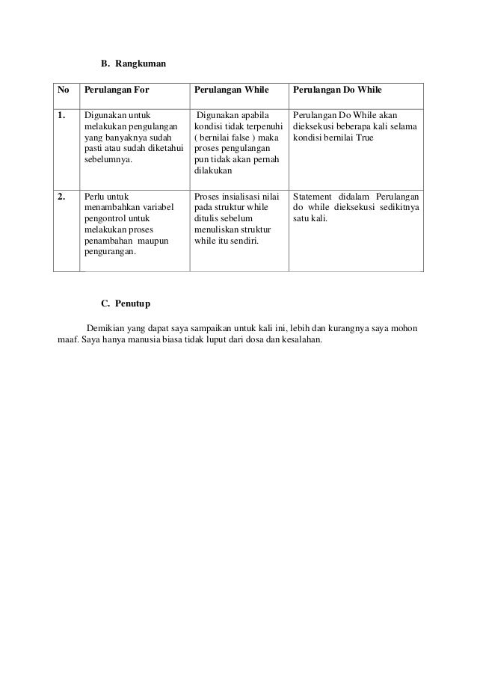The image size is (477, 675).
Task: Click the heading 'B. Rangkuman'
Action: [x=133, y=64]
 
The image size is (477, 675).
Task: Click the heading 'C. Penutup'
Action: [x=126, y=303]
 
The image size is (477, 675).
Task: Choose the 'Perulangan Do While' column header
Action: [x=337, y=90]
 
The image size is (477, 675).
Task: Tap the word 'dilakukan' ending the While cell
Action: [x=214, y=170]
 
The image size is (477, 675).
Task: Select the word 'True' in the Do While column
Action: [x=363, y=138]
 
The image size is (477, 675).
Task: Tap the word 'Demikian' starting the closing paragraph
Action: [x=108, y=328]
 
